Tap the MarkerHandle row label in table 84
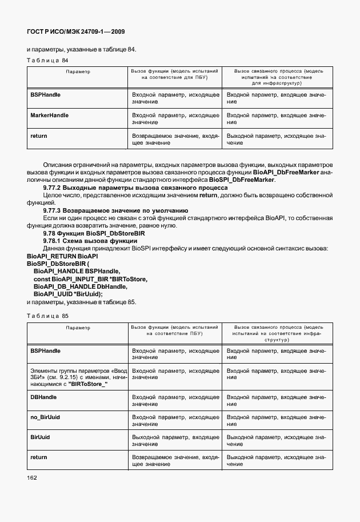point(49,115)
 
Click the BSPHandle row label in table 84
point(45,94)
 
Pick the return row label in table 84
point(38,136)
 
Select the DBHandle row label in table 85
point(43,396)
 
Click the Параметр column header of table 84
point(77,71)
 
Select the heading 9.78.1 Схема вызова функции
point(86,241)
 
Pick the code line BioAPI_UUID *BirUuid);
point(68,293)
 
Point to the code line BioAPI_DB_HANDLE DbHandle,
point(80,286)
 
